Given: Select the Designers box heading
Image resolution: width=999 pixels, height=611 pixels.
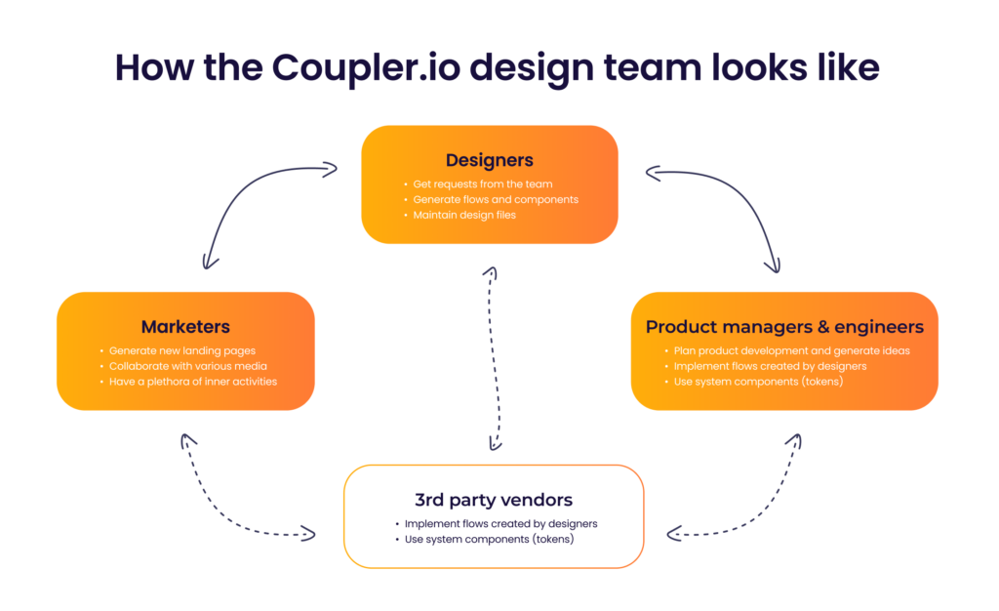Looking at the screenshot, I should [490, 160].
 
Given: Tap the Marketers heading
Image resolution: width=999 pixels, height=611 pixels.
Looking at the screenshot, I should [185, 326].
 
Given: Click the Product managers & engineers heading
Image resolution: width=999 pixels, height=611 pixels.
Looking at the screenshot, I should [784, 326].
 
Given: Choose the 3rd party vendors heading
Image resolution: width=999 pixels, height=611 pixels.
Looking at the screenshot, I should [494, 500].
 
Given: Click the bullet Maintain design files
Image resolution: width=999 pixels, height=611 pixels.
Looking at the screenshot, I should [464, 215].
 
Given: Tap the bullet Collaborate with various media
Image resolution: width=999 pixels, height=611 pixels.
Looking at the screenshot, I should [181, 365].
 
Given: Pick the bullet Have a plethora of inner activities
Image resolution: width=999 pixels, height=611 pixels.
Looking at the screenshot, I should [193, 381].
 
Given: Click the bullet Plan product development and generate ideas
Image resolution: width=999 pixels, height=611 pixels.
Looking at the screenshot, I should [791, 349].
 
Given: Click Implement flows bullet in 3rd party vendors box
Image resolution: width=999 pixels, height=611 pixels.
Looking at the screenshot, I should [500, 523].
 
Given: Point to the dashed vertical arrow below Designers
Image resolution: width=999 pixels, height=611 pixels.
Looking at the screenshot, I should [495, 356].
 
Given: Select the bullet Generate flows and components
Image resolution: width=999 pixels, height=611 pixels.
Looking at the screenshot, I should [495, 199].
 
